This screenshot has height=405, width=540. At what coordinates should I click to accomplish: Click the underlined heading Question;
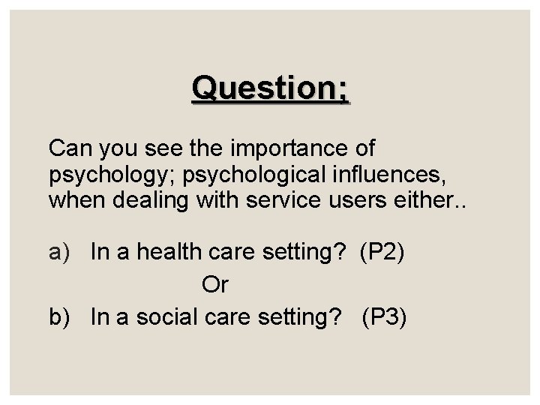[x=270, y=88]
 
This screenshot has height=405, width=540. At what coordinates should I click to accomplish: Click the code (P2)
[x=382, y=253]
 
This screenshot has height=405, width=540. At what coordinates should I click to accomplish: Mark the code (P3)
[x=385, y=317]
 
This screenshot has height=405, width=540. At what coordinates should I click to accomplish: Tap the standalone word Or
[x=214, y=285]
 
